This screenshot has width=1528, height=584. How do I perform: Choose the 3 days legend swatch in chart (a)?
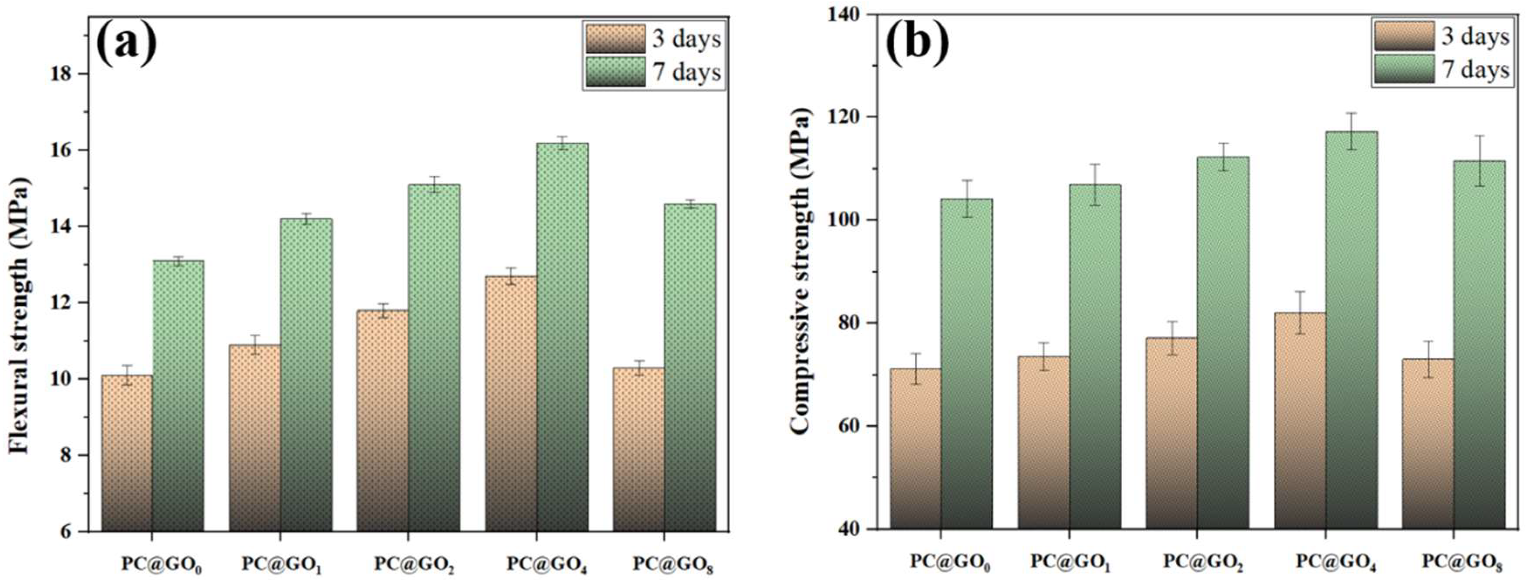pos(615,38)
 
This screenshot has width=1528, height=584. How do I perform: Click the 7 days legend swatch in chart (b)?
pos(1404,69)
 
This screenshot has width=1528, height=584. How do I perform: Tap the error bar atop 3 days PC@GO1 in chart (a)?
pos(255,345)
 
